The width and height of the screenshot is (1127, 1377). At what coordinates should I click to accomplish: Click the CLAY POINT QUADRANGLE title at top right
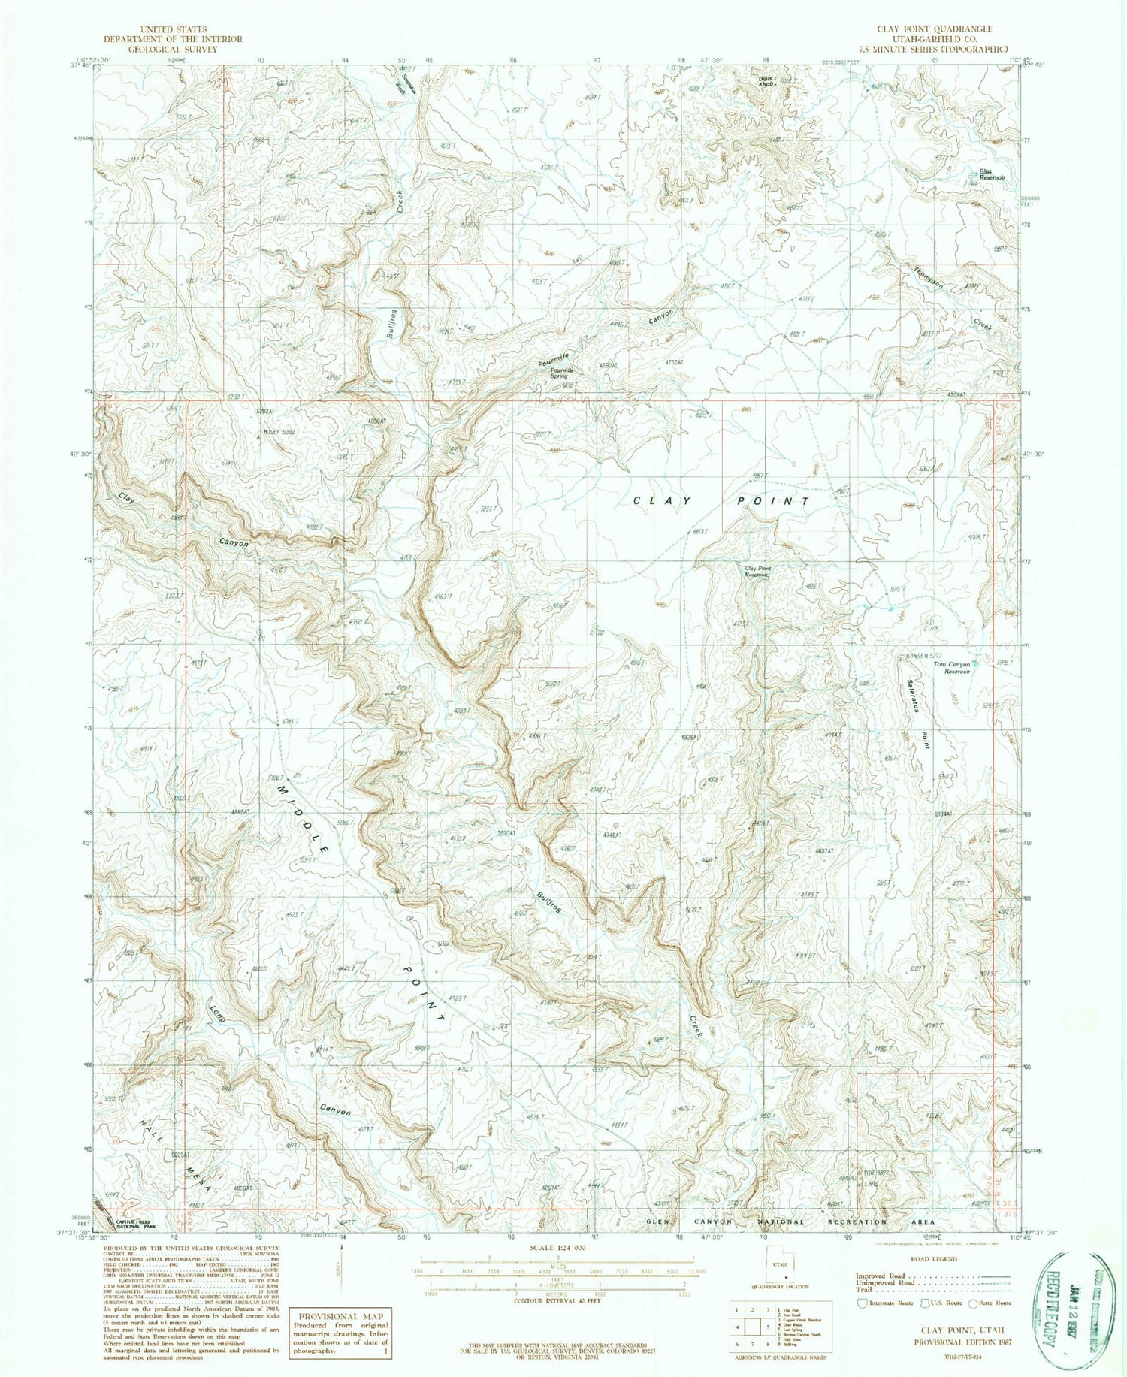click(x=934, y=29)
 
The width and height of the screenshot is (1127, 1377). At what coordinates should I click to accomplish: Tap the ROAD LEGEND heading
click(x=933, y=1259)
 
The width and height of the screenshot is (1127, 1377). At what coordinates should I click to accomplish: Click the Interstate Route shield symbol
click(x=861, y=1303)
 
